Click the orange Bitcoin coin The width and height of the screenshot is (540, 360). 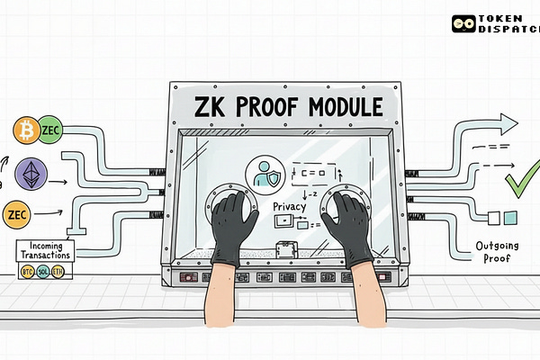tap(23, 131)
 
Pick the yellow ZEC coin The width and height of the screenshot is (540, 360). tap(16, 215)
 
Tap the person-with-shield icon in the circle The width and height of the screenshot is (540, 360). tap(265, 175)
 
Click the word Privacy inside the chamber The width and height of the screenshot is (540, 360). tap(290, 207)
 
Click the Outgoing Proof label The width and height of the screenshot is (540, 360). tap(499, 252)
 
